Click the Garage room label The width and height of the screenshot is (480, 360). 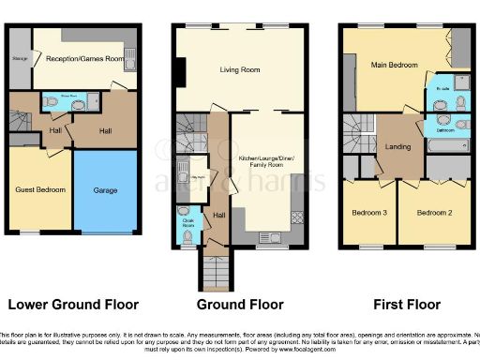[105, 189]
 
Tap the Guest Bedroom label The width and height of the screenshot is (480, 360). [40, 189]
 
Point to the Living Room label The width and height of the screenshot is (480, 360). [238, 68]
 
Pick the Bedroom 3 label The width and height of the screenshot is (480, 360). [368, 213]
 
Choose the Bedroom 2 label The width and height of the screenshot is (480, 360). [434, 213]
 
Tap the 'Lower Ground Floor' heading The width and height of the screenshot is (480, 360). [72, 305]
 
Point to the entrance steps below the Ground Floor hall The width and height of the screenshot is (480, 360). [213, 271]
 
